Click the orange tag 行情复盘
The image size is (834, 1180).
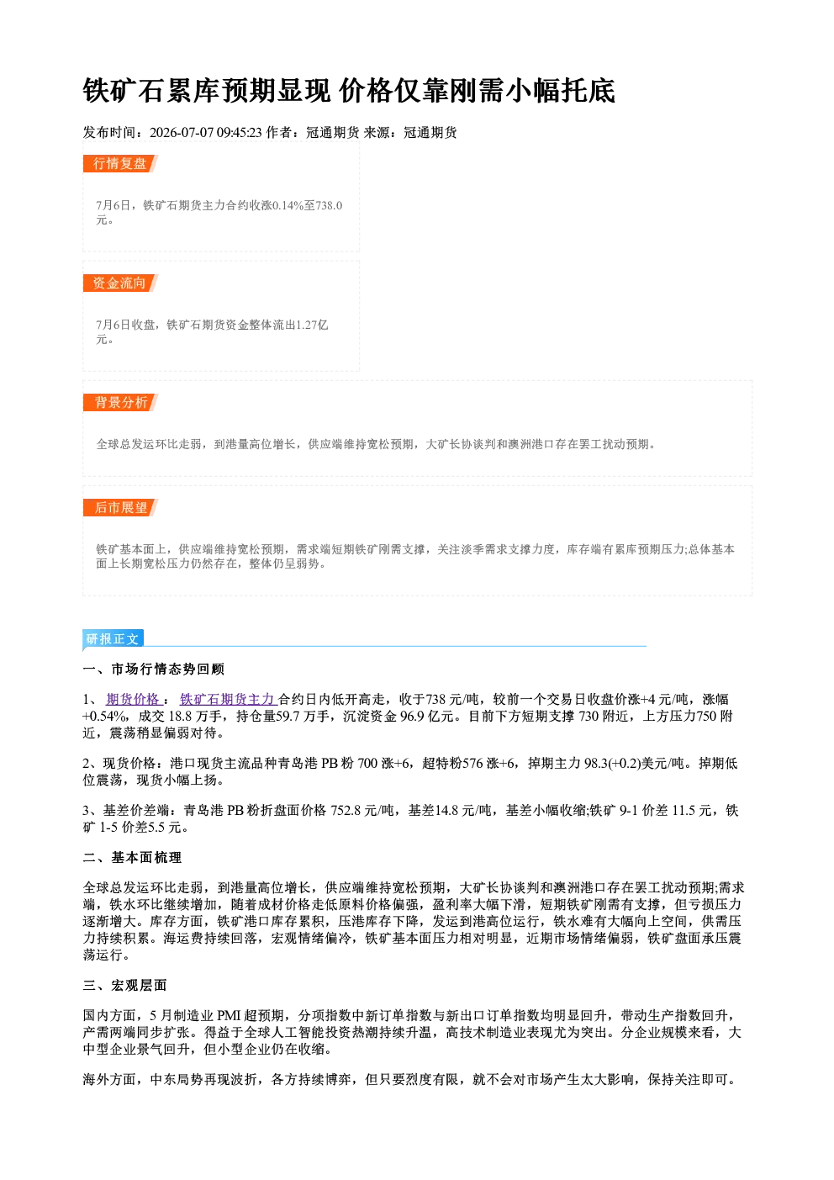pyautogui.click(x=120, y=163)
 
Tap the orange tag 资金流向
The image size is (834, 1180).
pyautogui.click(x=120, y=283)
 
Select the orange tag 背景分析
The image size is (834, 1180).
pyautogui.click(x=120, y=403)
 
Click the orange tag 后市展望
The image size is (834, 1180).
pyautogui.click(x=120, y=507)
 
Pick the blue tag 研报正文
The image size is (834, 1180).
pyautogui.click(x=113, y=638)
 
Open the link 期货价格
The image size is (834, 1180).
pyautogui.click(x=133, y=699)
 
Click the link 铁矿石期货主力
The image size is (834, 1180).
pyautogui.click(x=228, y=699)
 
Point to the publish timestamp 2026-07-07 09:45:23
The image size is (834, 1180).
pyautogui.click(x=205, y=132)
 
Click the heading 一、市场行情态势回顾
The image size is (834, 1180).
pyautogui.click(x=154, y=669)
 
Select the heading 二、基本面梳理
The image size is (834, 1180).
pyautogui.click(x=132, y=858)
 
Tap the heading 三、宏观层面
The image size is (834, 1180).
pyautogui.click(x=124, y=985)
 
